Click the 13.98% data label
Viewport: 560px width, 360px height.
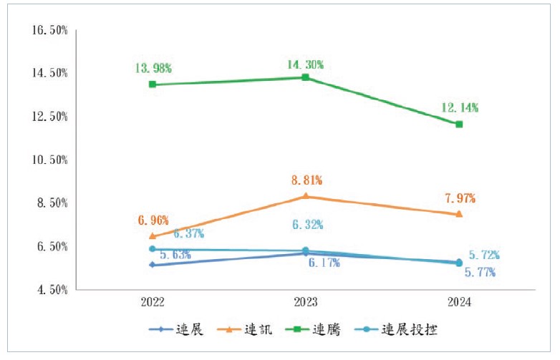[x=153, y=68]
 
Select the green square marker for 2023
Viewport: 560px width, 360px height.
[x=306, y=77]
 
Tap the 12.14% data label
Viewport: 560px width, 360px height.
[x=459, y=108]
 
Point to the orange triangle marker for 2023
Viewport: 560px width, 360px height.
[x=306, y=196]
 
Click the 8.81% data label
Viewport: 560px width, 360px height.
[x=306, y=180]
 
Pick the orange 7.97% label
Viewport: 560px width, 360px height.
[x=459, y=198]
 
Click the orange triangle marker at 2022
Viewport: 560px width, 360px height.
[x=153, y=235]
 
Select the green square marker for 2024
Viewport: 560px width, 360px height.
[x=459, y=124]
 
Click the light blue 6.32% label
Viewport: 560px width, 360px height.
[x=307, y=225]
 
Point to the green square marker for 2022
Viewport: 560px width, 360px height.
[x=153, y=84]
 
